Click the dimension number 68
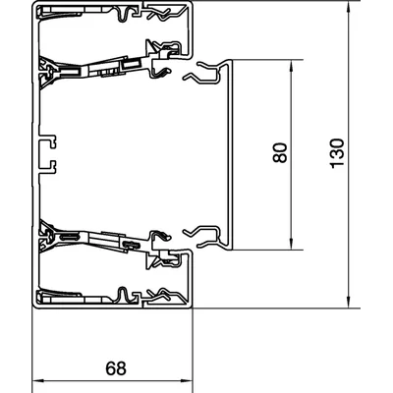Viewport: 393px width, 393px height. pos(116,368)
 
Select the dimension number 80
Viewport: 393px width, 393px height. pos(280,152)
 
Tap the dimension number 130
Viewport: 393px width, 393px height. pos(337,153)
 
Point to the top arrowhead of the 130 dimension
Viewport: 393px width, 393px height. pos(350,8)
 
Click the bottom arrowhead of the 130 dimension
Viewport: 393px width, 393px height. pos(350,302)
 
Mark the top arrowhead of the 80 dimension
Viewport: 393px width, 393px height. pos(291,66)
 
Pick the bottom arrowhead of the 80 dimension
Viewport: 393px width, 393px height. pos(291,244)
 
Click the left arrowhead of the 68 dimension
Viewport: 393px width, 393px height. pos(38,381)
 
